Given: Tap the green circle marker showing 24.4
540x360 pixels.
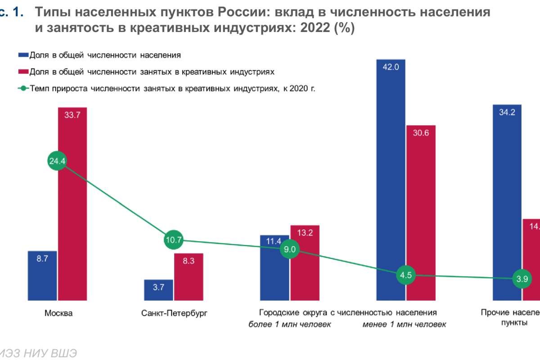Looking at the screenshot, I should click(x=57, y=161).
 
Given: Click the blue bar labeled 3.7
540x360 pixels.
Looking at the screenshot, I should click(x=158, y=290).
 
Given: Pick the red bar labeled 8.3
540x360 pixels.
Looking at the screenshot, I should click(x=189, y=276).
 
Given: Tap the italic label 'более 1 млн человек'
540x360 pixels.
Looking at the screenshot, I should click(x=290, y=324).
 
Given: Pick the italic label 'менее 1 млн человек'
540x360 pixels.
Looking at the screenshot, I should click(x=405, y=324).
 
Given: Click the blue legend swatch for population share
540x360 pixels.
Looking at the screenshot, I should click(x=23, y=55).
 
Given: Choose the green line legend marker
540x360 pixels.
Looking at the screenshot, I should click(x=23, y=88).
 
